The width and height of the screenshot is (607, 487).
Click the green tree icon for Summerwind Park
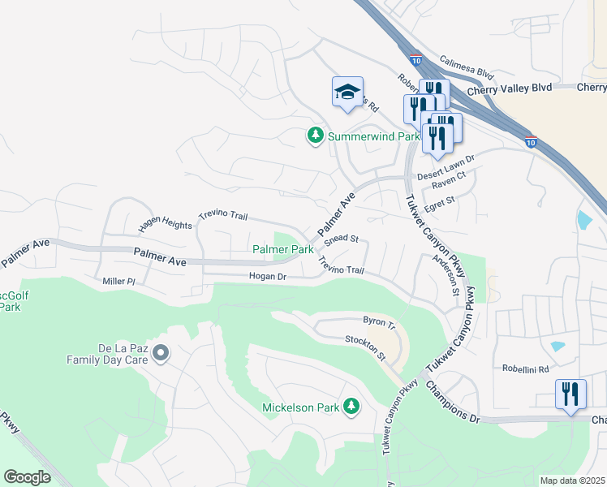316,136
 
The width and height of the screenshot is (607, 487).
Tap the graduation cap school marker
347,93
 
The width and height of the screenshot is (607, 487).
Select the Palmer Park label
282,249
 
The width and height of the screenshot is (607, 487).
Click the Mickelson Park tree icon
351,405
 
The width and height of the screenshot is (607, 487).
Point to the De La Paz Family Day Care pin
161,352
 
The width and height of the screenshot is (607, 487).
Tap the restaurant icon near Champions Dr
570,395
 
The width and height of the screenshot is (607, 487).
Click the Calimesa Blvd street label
467,67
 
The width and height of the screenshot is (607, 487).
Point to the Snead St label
341,240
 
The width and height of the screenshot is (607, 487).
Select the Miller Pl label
118,281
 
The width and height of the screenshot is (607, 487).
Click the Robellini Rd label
526,368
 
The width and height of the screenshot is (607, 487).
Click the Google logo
27,477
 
